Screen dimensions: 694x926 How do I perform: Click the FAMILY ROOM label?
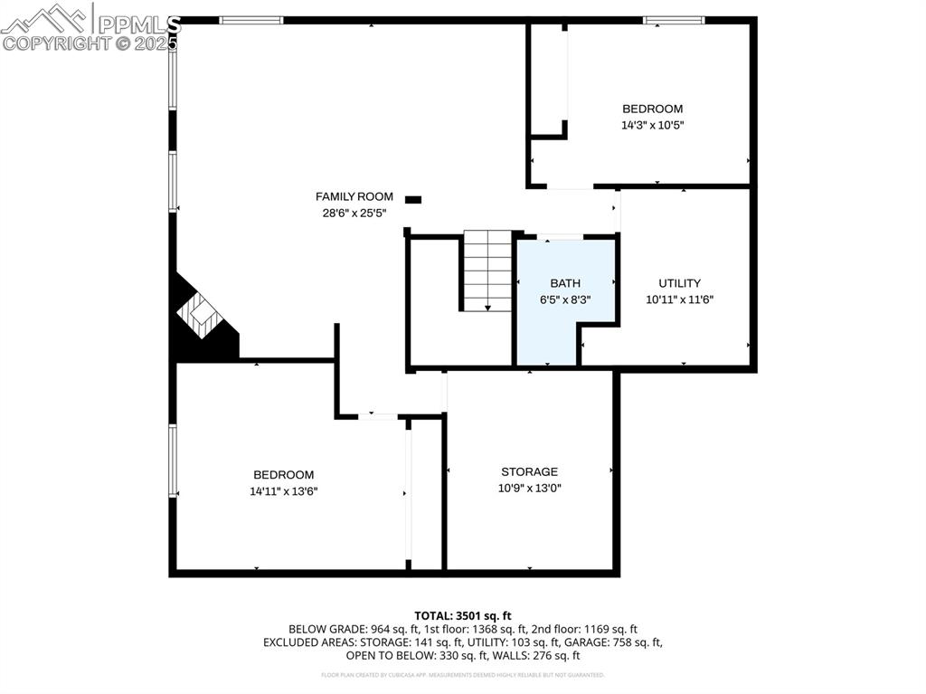coord(354,196)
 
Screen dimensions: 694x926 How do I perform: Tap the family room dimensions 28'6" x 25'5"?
coord(354,214)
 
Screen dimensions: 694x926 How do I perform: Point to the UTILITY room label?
coord(679,283)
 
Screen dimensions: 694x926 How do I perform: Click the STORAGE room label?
coord(529,471)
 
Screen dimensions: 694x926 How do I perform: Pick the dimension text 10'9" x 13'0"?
coord(529,489)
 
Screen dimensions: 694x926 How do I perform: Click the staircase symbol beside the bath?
coord(488,271)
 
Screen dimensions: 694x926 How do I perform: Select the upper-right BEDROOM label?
coord(651,109)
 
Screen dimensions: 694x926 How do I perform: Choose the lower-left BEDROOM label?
coord(283,475)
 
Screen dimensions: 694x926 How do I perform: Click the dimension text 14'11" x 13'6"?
coord(283,491)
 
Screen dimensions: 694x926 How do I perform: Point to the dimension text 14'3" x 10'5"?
coord(651,126)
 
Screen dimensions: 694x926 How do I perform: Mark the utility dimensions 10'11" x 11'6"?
coord(679,299)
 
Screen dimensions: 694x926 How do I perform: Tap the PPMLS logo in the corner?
coord(90,27)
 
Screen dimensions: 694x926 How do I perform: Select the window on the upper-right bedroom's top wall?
coord(674,20)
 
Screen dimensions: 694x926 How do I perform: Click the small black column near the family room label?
coord(413,199)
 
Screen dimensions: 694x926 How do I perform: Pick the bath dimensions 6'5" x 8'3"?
coord(565,299)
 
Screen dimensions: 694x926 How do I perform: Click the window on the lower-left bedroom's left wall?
coord(173,461)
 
